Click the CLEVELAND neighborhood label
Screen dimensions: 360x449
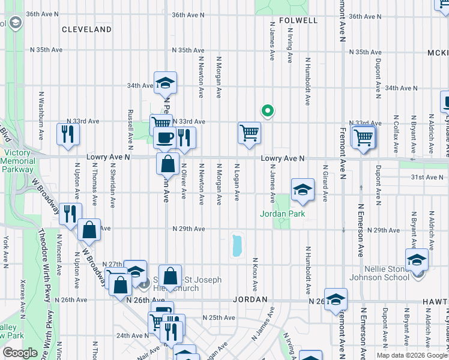86,29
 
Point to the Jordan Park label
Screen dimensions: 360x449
282,214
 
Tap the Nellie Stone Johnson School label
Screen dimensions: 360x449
384,273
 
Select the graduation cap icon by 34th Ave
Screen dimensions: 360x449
165,83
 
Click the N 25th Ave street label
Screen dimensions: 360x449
218,317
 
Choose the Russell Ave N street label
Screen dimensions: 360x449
130,129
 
